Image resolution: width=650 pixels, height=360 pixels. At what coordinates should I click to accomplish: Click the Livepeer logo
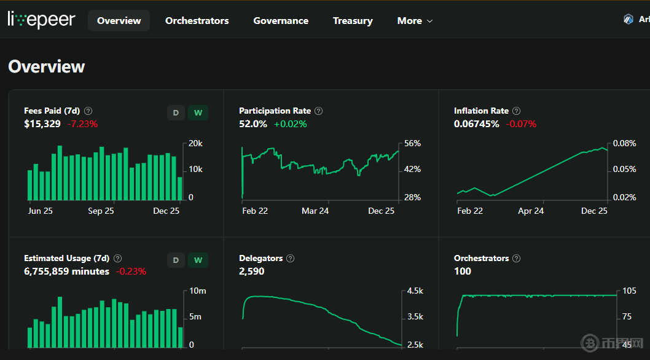[41, 20]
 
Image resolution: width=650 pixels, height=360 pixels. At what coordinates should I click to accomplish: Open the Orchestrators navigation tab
[197, 21]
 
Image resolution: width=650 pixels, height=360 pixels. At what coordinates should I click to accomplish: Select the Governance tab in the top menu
[281, 21]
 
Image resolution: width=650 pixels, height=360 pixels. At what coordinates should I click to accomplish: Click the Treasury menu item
[353, 21]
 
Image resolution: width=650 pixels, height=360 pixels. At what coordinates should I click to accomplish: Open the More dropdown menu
[415, 21]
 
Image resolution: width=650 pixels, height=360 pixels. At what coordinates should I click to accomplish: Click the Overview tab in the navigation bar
[119, 21]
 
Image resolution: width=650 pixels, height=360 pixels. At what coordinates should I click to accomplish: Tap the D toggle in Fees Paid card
[176, 113]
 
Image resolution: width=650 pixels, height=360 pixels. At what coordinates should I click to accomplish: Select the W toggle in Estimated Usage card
[198, 260]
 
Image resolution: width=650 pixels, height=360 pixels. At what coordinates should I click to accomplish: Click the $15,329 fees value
[42, 124]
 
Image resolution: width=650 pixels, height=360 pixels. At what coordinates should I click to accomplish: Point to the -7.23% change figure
[82, 124]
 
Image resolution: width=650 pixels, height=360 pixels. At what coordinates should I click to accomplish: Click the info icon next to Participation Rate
[318, 111]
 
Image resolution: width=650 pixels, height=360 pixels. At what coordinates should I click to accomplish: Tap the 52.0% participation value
[253, 124]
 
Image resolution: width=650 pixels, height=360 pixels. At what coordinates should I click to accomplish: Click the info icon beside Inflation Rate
[516, 111]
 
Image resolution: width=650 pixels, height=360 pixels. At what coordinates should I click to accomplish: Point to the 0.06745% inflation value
[477, 124]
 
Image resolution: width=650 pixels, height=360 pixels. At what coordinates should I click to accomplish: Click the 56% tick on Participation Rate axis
[412, 144]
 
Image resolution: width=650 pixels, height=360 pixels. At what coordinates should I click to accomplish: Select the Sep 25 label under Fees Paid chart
[101, 211]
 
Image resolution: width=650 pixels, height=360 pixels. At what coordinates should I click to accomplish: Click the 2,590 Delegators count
[252, 271]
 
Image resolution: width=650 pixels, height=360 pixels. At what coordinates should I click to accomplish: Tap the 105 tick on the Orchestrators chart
[628, 291]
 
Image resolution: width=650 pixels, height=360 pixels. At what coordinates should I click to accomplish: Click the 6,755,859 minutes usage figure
[66, 271]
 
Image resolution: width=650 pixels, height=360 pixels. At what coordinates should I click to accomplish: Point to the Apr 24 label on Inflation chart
[531, 211]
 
